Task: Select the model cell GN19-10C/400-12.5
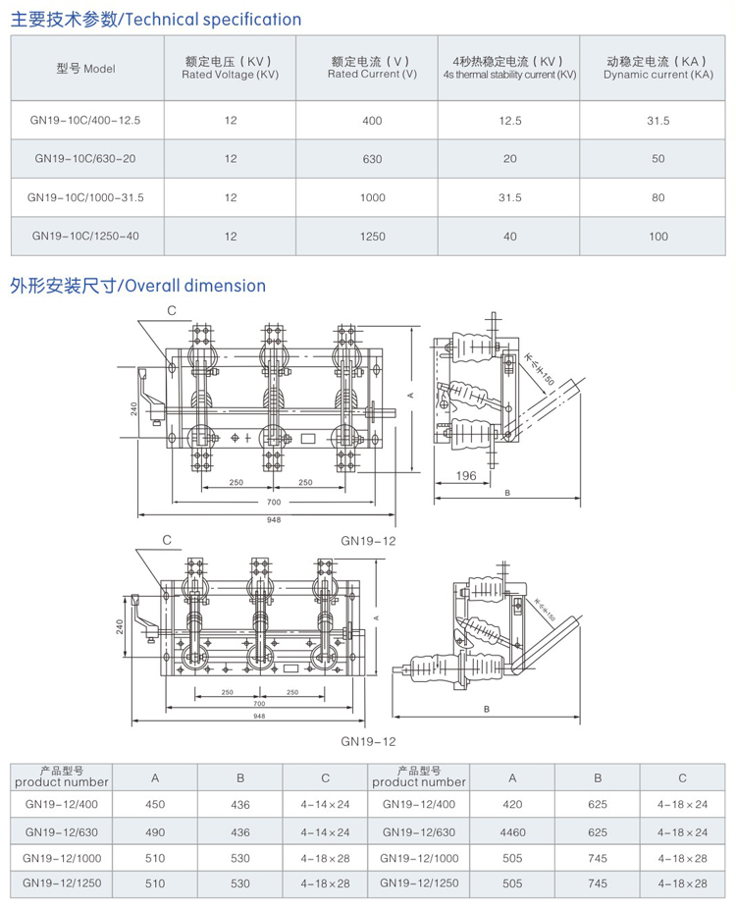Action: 86,120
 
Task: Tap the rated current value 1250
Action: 372,237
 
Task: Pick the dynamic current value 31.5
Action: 657,120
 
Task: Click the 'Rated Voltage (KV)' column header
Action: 231,68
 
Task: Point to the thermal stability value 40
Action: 509,237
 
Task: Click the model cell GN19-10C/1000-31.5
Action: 86,197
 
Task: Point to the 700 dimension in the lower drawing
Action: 259,704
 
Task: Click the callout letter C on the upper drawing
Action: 171,310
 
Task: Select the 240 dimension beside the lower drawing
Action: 120,625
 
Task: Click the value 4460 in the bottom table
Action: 512,832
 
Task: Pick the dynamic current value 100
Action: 657,237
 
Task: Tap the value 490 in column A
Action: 155,832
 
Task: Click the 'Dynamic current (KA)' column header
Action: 657,68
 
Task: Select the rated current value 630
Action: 372,158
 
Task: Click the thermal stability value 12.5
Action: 509,120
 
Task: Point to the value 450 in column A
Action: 155,805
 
